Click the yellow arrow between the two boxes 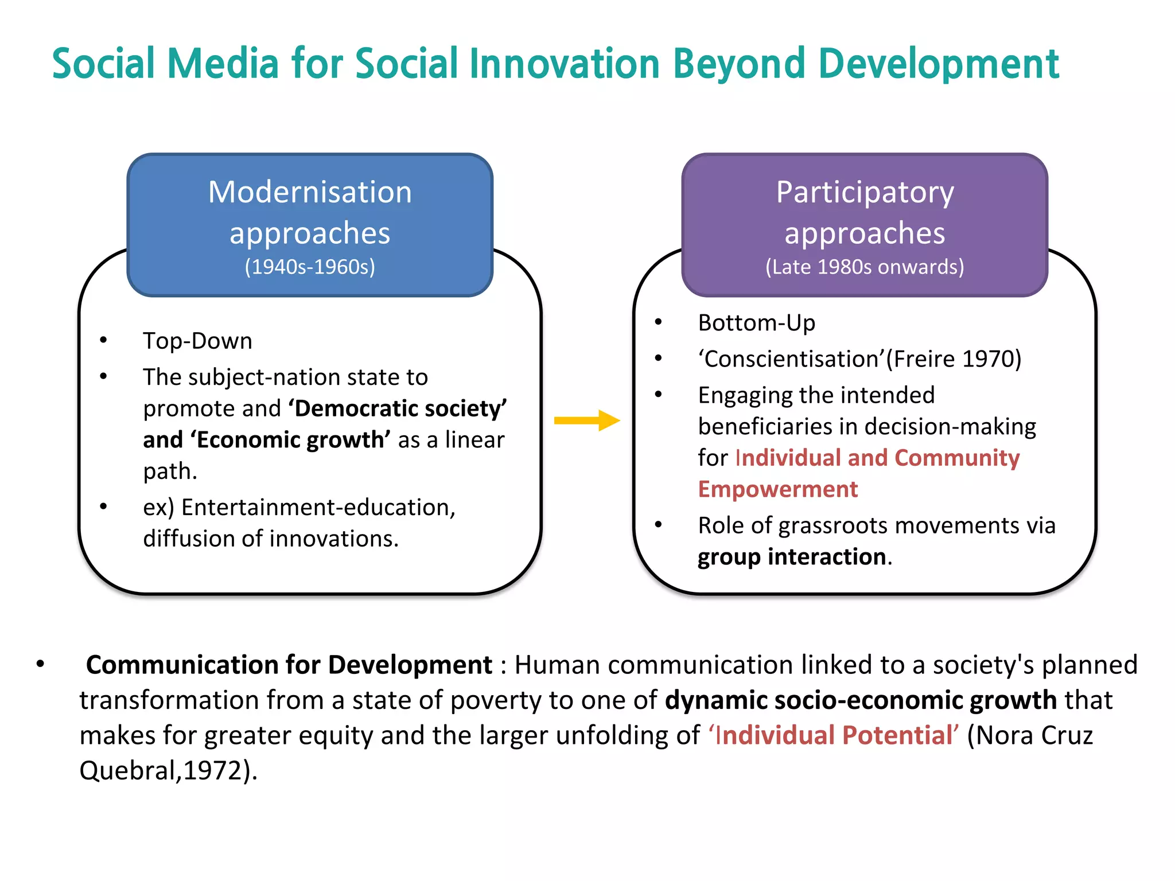[586, 420]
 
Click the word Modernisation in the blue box [310, 192]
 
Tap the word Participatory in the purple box [865, 192]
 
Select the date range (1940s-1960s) [310, 267]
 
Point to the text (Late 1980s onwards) [865, 267]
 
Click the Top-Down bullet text [197, 341]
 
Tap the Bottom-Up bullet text [756, 323]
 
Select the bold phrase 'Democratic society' [398, 408]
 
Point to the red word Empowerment [777, 489]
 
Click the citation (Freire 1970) [954, 359]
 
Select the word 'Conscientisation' [791, 359]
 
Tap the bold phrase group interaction [792, 557]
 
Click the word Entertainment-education [318, 508]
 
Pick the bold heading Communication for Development [289, 665]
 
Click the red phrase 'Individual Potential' [833, 735]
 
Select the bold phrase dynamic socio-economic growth [861, 700]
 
